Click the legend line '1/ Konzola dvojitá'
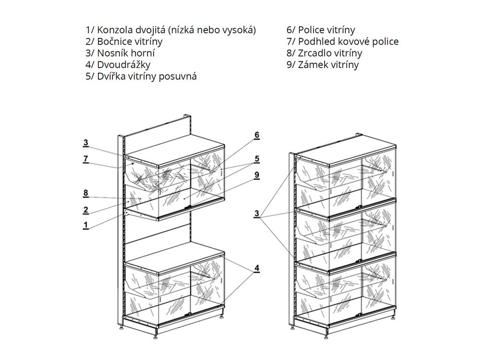tap(171, 30)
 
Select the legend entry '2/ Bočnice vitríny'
tap(124, 42)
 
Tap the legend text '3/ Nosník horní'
tap(120, 53)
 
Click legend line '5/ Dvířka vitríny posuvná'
tap(141, 76)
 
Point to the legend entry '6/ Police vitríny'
tap(321, 30)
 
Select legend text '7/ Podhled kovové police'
tap(342, 42)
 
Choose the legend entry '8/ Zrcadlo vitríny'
tap(324, 53)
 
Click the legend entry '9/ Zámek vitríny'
tap(322, 65)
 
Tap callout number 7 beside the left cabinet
tap(86, 159)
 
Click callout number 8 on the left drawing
tap(86, 193)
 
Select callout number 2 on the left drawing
tap(86, 209)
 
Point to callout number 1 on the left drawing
tap(86, 225)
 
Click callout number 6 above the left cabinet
tap(257, 135)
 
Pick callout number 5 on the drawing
tap(257, 159)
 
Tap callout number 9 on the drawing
tap(257, 175)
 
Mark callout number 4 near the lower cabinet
tap(257, 268)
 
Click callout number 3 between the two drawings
tap(257, 214)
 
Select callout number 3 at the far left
tap(86, 142)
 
